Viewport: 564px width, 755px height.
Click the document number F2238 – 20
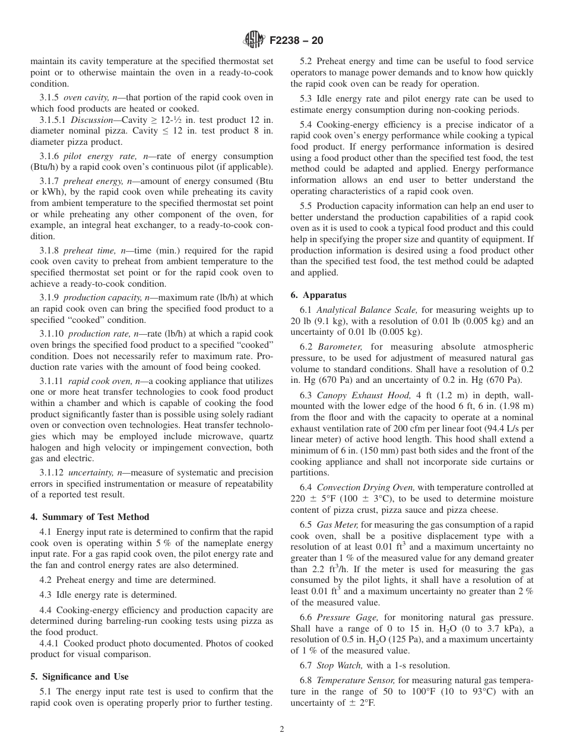(296, 41)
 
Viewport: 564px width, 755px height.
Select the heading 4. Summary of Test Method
(90, 516)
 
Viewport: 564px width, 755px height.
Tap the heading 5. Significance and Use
(79, 676)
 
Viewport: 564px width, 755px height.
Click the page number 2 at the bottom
(282, 729)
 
